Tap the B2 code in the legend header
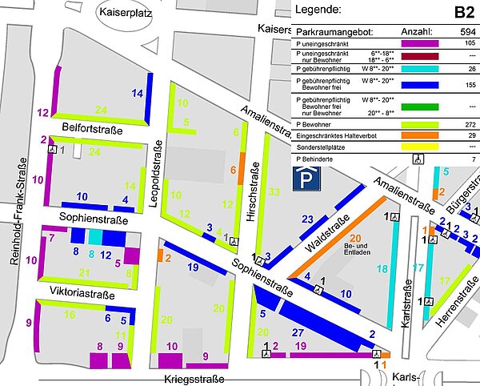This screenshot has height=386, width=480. [463, 11]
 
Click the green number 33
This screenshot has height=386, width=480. [274, 191]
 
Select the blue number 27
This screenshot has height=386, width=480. [298, 332]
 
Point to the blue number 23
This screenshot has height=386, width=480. [308, 219]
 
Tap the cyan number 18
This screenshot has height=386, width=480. [382, 269]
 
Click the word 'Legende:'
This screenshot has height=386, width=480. [318, 10]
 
